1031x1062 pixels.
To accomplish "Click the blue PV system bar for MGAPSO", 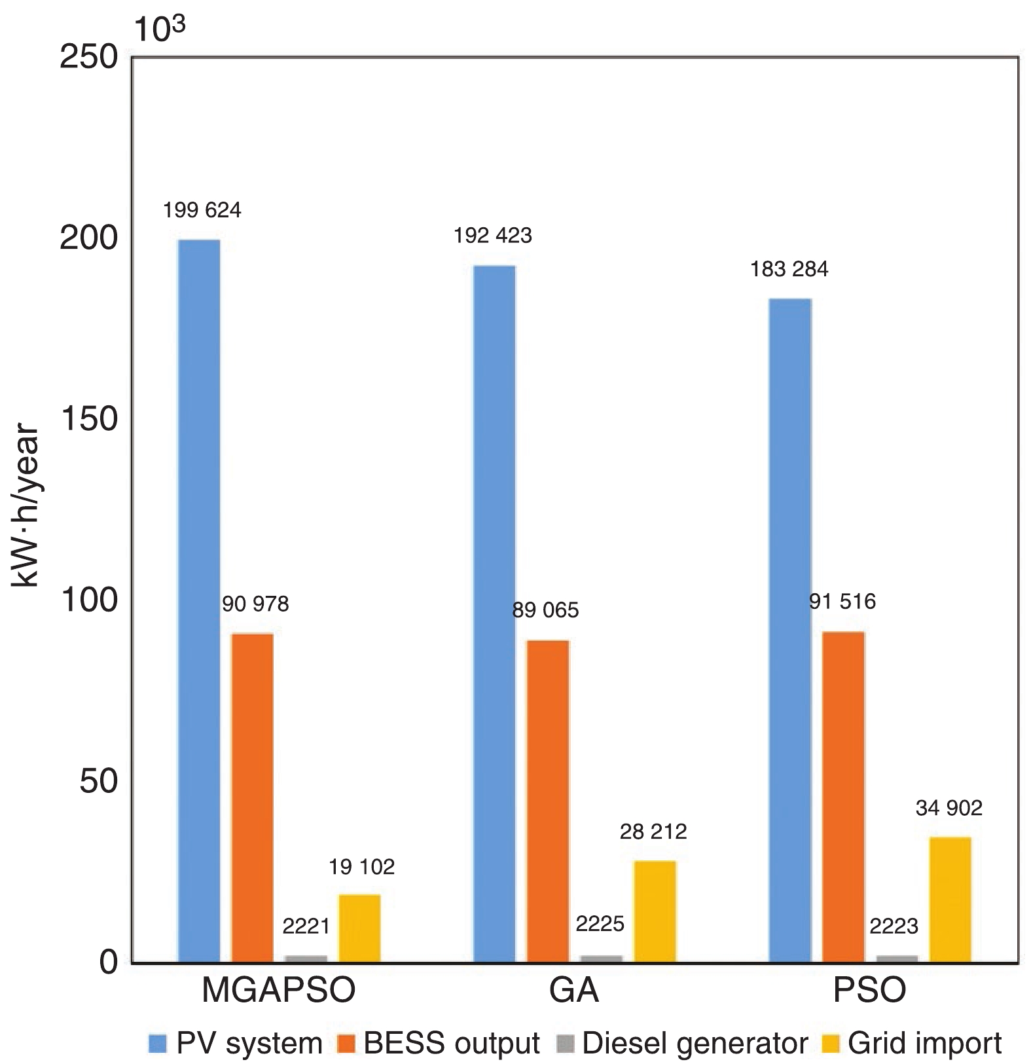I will point(199,601).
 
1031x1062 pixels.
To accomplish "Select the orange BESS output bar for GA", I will point(548,801).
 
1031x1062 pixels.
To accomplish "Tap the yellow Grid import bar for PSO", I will point(950,900).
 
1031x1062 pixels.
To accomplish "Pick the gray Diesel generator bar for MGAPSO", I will point(306,959).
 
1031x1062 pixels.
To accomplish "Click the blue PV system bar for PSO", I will point(790,631).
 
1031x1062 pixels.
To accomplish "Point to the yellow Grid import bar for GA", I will point(655,911).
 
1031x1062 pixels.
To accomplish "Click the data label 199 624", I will point(202,210).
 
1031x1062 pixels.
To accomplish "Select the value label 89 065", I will point(546,611).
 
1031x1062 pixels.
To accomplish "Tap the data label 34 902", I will point(949,809).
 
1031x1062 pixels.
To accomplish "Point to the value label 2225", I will point(600,924).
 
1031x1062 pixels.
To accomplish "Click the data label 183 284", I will point(789,269).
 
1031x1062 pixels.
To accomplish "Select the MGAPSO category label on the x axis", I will point(279,991).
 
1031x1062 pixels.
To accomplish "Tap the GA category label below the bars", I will point(575,991).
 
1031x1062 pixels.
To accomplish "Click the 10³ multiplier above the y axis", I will point(160,29).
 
